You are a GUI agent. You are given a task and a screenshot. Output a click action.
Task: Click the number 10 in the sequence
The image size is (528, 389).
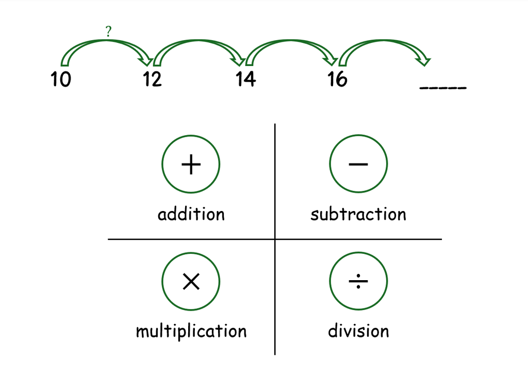point(61,79)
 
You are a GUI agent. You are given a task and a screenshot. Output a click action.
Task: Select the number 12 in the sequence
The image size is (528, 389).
point(152,79)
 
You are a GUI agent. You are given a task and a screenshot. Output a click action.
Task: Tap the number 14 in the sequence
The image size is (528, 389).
point(245,79)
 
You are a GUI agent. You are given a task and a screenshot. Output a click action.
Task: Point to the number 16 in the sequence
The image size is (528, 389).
point(337,79)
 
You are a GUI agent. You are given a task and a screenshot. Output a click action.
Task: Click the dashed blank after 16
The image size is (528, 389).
point(443,88)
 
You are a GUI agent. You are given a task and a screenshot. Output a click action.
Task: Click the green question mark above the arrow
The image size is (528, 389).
point(108,31)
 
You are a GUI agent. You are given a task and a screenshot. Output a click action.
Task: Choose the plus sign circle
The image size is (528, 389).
point(191,164)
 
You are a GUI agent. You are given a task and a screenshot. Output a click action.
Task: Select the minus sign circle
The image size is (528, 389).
point(358,164)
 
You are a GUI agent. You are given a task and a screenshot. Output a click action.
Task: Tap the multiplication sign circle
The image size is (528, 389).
point(191,281)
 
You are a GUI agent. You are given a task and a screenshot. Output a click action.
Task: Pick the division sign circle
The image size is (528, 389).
point(358,281)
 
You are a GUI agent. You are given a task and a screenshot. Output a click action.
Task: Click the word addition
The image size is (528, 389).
point(191,214)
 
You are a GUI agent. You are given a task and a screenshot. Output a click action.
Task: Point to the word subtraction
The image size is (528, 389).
point(358,214)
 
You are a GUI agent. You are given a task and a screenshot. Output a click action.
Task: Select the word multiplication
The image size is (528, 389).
point(191,331)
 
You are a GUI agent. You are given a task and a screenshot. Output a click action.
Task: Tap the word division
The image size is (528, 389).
point(358,331)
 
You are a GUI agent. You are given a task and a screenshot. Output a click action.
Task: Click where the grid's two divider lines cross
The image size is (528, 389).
point(275,239)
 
